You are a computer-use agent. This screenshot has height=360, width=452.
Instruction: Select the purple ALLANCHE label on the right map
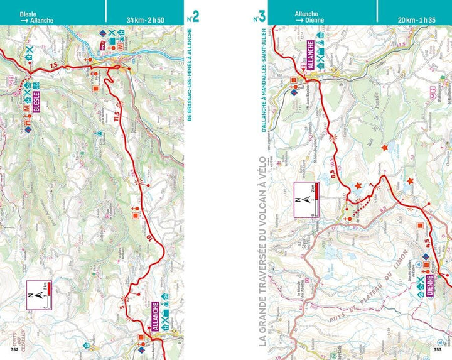click(x=310, y=53)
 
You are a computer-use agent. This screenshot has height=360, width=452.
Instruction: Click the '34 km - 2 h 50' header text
click(x=146, y=20)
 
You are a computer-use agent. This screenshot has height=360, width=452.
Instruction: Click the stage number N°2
click(x=193, y=16)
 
